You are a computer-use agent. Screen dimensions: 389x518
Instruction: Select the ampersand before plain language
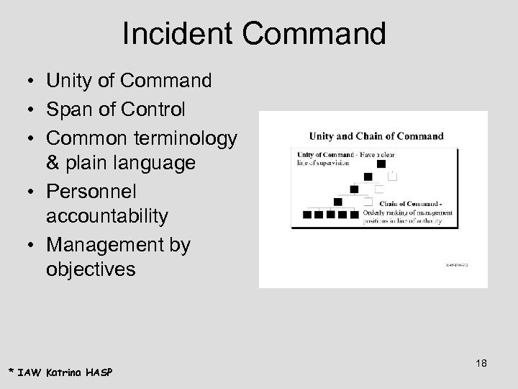55,164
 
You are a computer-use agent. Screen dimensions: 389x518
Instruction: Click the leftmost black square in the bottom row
307,214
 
